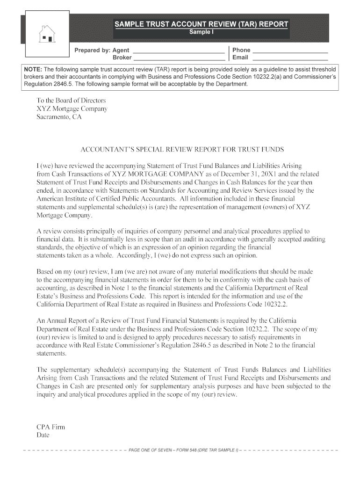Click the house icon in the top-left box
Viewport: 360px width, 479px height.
[47, 34]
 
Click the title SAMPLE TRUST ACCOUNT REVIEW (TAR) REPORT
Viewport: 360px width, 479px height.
[202, 24]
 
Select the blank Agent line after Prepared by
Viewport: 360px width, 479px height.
[179, 51]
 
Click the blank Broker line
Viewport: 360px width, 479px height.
[179, 58]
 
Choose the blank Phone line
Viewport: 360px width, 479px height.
[290, 51]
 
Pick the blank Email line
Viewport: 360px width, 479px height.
[290, 58]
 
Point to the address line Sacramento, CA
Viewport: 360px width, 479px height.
[59, 117]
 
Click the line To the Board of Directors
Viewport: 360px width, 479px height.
[71, 101]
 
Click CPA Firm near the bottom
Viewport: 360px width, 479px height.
[51, 427]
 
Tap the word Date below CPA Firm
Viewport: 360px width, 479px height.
[43, 435]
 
